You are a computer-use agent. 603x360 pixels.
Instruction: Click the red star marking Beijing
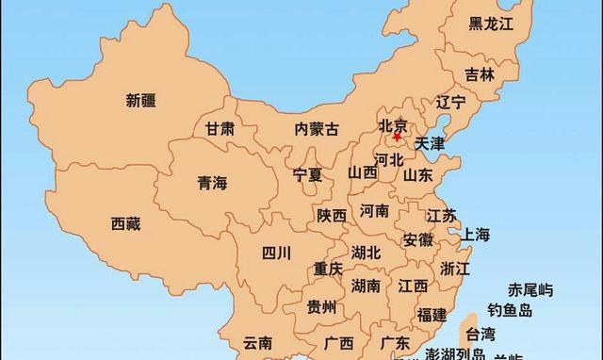point(397,137)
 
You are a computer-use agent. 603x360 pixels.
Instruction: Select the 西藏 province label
point(125,224)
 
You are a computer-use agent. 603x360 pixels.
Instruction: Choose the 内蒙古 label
point(316,129)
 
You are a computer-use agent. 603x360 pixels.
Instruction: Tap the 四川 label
point(277,252)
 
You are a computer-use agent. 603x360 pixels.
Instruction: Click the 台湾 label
point(480,333)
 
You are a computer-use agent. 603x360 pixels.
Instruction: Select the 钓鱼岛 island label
point(510,310)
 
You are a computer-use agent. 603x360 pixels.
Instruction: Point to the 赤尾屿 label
point(531,289)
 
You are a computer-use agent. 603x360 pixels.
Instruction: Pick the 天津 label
point(430,144)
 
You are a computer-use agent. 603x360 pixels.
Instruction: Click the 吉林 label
point(480,74)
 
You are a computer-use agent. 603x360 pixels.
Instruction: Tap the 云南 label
point(257,342)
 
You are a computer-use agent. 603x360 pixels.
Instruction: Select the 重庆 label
point(329,269)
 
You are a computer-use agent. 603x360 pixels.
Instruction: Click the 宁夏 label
point(307,174)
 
